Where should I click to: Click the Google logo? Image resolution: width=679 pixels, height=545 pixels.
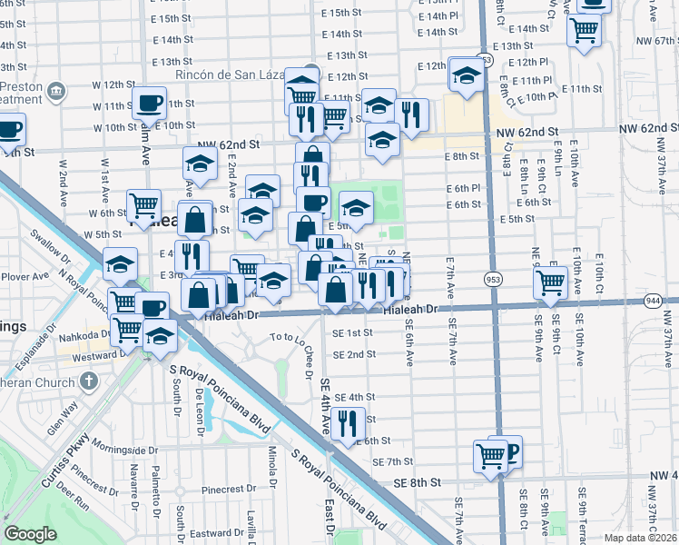[30, 534]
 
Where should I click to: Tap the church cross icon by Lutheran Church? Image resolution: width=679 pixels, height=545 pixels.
[88, 380]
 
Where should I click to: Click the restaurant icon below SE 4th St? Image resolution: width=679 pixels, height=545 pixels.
[347, 424]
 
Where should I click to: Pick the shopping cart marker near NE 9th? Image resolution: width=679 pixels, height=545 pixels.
[550, 282]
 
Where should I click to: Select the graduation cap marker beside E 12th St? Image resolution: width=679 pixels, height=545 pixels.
[466, 74]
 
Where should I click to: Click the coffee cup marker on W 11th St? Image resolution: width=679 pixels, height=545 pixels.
[149, 104]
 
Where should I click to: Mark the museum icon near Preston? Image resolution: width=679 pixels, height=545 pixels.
[56, 91]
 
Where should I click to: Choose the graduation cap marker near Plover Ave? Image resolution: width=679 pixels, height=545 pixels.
[120, 264]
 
